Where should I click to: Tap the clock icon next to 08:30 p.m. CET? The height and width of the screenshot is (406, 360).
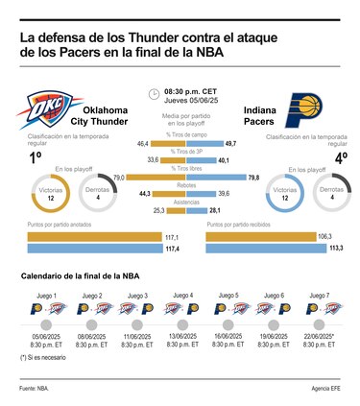(154, 94)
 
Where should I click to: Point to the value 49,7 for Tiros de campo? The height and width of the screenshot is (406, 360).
(231, 142)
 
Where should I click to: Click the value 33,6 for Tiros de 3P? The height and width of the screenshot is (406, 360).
(153, 159)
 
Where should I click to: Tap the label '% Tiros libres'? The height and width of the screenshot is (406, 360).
(180, 169)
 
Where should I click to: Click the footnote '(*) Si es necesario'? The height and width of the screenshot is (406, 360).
(41, 357)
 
